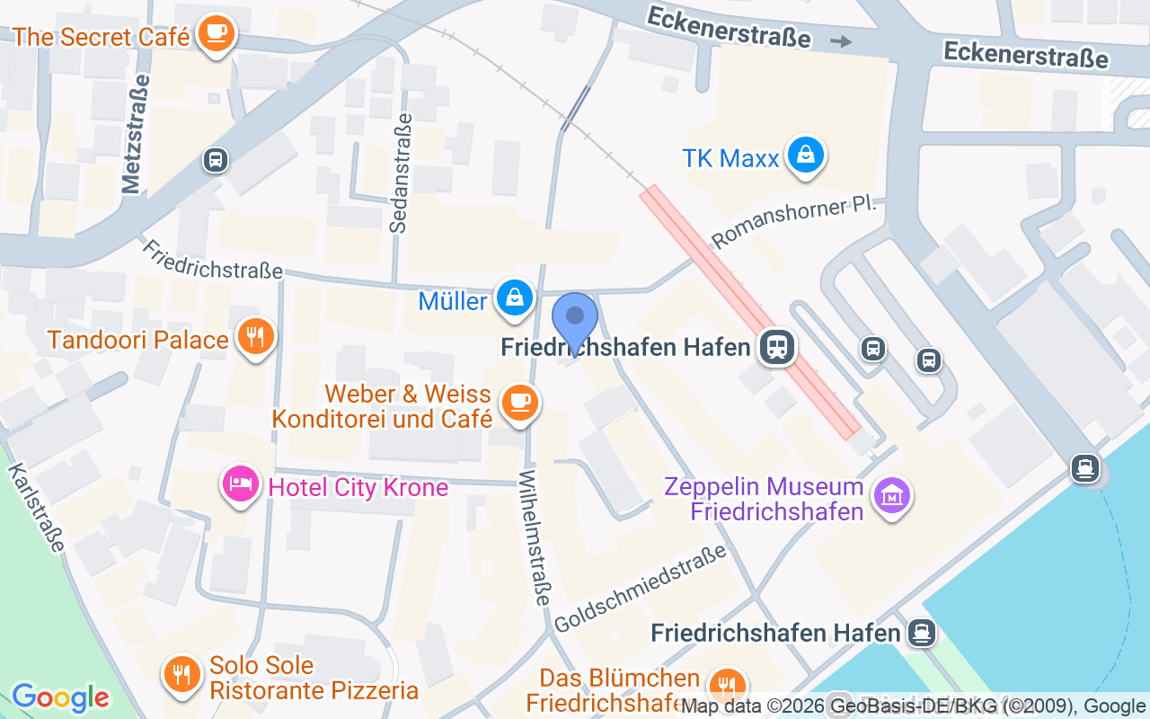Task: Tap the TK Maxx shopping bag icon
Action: tap(807, 156)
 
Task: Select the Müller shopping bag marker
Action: tap(516, 297)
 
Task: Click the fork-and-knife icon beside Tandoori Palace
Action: tap(256, 337)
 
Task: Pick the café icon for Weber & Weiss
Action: tap(518, 401)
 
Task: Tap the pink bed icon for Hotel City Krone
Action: tap(240, 484)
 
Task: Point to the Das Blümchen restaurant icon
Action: tap(726, 686)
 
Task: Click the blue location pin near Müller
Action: tap(575, 319)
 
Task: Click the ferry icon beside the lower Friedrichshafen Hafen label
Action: tap(921, 633)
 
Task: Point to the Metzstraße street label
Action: tap(134, 133)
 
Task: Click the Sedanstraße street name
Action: tap(401, 173)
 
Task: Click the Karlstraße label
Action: tap(38, 508)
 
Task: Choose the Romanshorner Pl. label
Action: tap(793, 222)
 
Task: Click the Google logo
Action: tap(60, 697)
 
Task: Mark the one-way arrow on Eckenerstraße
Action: tap(841, 41)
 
